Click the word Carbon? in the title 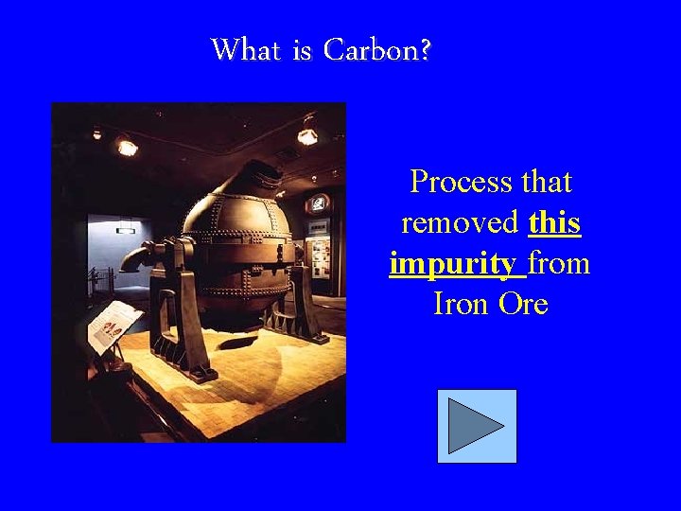point(377,49)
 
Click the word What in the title point(248,49)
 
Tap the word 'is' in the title point(303,49)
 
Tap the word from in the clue point(559,263)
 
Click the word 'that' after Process point(543,181)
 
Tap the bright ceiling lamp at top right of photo point(307,135)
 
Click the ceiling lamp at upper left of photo point(126,147)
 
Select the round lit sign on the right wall point(320,203)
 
